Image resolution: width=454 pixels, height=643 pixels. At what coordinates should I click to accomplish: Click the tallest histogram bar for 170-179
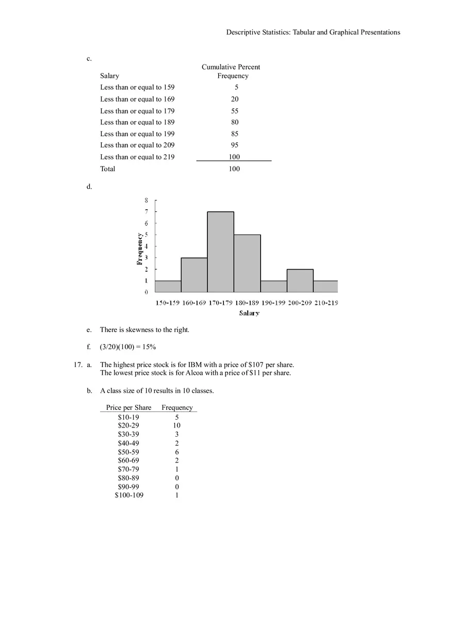(220, 252)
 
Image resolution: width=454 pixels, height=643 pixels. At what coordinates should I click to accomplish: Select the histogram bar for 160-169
(194, 275)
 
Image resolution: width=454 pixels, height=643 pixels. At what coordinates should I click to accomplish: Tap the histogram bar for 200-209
(300, 281)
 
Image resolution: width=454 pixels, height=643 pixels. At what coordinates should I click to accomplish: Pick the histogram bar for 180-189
(247, 263)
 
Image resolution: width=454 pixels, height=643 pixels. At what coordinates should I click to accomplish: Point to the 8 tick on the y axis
(146, 200)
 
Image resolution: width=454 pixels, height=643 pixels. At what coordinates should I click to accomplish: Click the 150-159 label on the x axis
(167, 303)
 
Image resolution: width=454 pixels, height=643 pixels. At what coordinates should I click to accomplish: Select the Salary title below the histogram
(249, 313)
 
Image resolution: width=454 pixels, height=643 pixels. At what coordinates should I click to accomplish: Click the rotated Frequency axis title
(139, 249)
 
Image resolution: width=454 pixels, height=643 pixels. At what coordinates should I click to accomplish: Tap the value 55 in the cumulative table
(235, 111)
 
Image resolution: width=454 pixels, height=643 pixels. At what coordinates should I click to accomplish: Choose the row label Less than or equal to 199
(137, 134)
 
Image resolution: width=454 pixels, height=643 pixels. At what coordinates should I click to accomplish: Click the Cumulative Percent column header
(231, 67)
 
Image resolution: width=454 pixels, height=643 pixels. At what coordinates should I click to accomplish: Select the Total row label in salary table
(108, 169)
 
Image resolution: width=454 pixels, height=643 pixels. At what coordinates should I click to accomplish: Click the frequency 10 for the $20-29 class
(177, 425)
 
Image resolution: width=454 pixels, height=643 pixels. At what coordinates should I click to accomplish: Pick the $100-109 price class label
(129, 495)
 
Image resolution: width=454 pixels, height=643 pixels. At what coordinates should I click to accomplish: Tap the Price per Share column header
(128, 407)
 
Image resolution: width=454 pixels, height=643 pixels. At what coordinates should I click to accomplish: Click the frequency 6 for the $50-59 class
(177, 452)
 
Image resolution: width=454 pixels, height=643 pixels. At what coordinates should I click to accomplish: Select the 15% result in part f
(149, 347)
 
